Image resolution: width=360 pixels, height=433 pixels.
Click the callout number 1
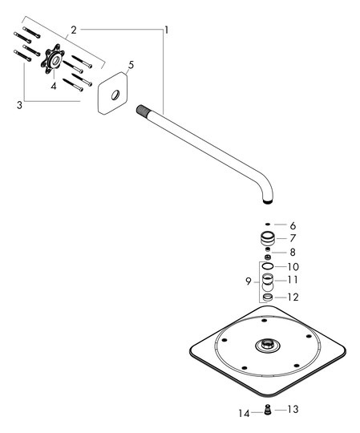tap(167, 30)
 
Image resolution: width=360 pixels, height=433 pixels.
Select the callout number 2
tap(74, 30)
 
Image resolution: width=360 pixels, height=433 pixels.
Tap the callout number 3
tap(19, 105)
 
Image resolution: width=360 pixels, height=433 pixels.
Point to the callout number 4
tap(54, 86)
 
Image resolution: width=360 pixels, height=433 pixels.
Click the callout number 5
tap(131, 65)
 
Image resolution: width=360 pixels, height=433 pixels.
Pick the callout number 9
tap(249, 281)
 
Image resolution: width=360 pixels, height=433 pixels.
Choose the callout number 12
tap(293, 297)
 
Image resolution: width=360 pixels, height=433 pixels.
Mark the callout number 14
tap(244, 414)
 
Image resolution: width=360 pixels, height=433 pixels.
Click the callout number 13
tap(293, 409)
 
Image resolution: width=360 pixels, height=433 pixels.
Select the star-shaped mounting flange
tap(53, 59)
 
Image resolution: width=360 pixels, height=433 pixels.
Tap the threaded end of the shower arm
tap(143, 109)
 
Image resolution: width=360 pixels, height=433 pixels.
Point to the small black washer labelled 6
tap(267, 225)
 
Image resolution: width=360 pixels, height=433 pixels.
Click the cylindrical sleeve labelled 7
tap(268, 238)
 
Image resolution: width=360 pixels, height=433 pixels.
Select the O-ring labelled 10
tap(268, 266)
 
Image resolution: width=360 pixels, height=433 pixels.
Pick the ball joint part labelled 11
tap(268, 282)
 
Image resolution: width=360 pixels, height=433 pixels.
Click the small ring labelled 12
tap(268, 297)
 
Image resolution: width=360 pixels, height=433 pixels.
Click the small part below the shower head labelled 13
tap(267, 409)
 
